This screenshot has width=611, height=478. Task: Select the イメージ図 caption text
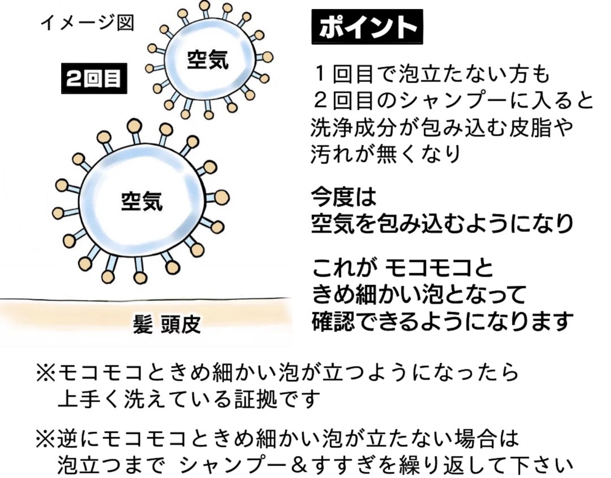pyautogui.click(x=86, y=24)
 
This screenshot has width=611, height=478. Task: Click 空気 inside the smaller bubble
pyautogui.click(x=208, y=59)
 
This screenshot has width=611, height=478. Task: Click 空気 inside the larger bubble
pyautogui.click(x=142, y=200)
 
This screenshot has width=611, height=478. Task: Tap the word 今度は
pyautogui.click(x=343, y=197)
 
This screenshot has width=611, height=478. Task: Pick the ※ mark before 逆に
pyautogui.click(x=45, y=438)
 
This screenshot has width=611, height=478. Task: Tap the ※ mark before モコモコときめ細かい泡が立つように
pyautogui.click(x=45, y=373)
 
